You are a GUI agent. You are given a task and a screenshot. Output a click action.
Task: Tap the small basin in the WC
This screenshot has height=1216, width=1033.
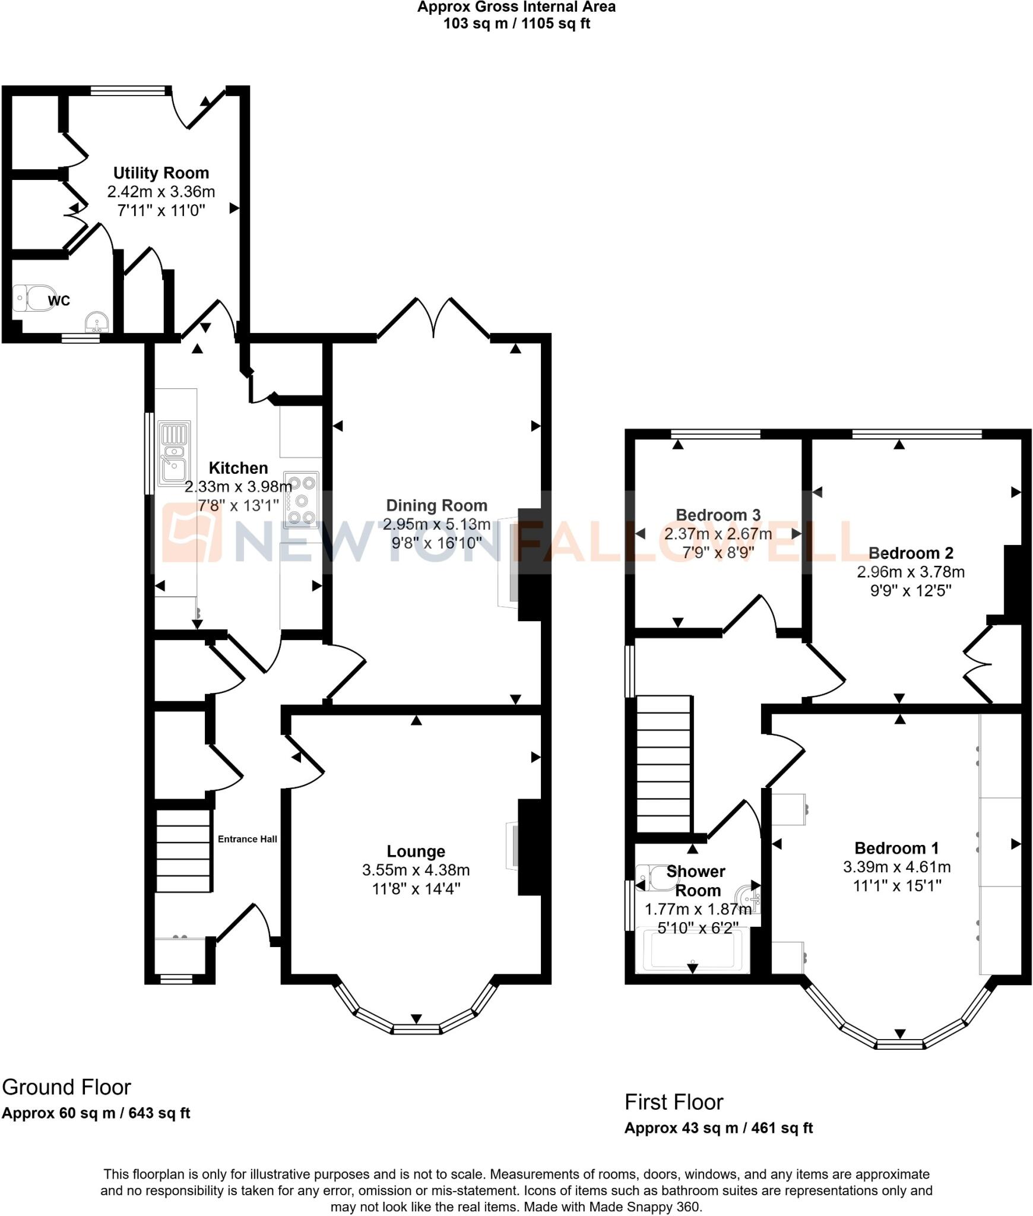[96, 323]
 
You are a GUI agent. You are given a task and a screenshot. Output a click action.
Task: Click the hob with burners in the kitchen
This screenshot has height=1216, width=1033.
[302, 499]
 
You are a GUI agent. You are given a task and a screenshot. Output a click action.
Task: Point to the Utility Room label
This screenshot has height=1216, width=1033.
[161, 173]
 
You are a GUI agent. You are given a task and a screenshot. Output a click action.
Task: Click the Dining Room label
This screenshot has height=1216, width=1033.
[436, 505]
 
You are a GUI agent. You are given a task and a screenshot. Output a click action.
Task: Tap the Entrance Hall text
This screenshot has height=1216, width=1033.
[247, 839]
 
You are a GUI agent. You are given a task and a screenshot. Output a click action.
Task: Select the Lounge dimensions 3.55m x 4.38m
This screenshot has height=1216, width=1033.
[416, 870]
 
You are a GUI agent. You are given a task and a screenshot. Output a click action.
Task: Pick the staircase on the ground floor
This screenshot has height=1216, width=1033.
[183, 850]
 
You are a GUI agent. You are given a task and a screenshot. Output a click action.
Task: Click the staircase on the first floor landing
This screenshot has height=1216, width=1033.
[664, 765]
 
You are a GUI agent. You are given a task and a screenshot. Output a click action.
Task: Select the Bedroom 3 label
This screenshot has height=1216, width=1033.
[718, 515]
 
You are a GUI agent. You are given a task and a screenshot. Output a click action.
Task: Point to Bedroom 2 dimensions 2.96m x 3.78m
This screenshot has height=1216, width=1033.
[910, 572]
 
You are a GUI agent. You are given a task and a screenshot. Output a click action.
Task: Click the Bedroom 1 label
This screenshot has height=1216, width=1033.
[896, 848]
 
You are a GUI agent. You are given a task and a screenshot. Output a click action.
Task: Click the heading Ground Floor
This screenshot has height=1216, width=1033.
[66, 1087]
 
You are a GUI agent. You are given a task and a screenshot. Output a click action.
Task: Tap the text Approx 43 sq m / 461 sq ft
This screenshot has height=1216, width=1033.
[718, 1128]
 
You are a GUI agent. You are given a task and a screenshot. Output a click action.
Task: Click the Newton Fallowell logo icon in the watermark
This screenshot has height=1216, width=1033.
[192, 532]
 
